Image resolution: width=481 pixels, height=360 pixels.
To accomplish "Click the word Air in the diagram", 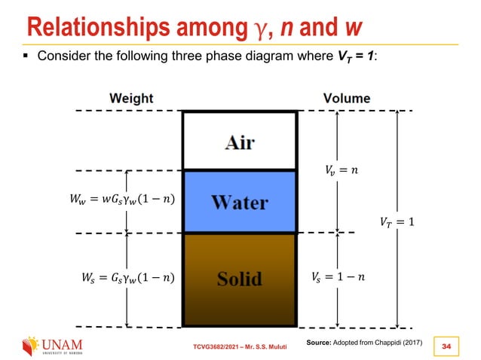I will pyautogui.click(x=239, y=142).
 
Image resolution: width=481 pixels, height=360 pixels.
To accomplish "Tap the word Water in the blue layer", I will pyautogui.click(x=240, y=203).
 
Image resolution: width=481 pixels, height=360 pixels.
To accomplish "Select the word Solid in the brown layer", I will pyautogui.click(x=240, y=279).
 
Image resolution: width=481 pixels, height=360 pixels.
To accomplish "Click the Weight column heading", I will pyautogui.click(x=131, y=99).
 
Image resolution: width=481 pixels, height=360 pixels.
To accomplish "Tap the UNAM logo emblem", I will pyautogui.click(x=29, y=347).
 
